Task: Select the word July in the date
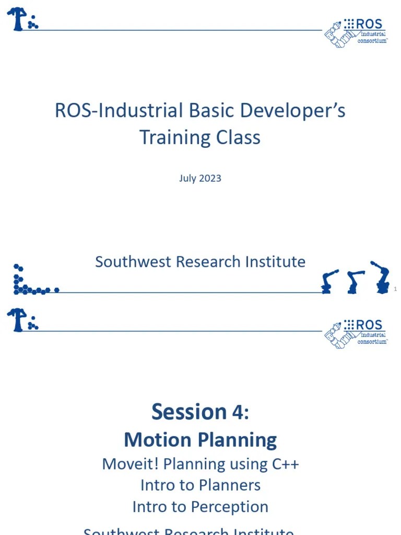click(187, 178)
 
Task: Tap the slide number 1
click(395, 289)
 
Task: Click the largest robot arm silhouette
click(380, 277)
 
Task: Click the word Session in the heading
click(181, 412)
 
